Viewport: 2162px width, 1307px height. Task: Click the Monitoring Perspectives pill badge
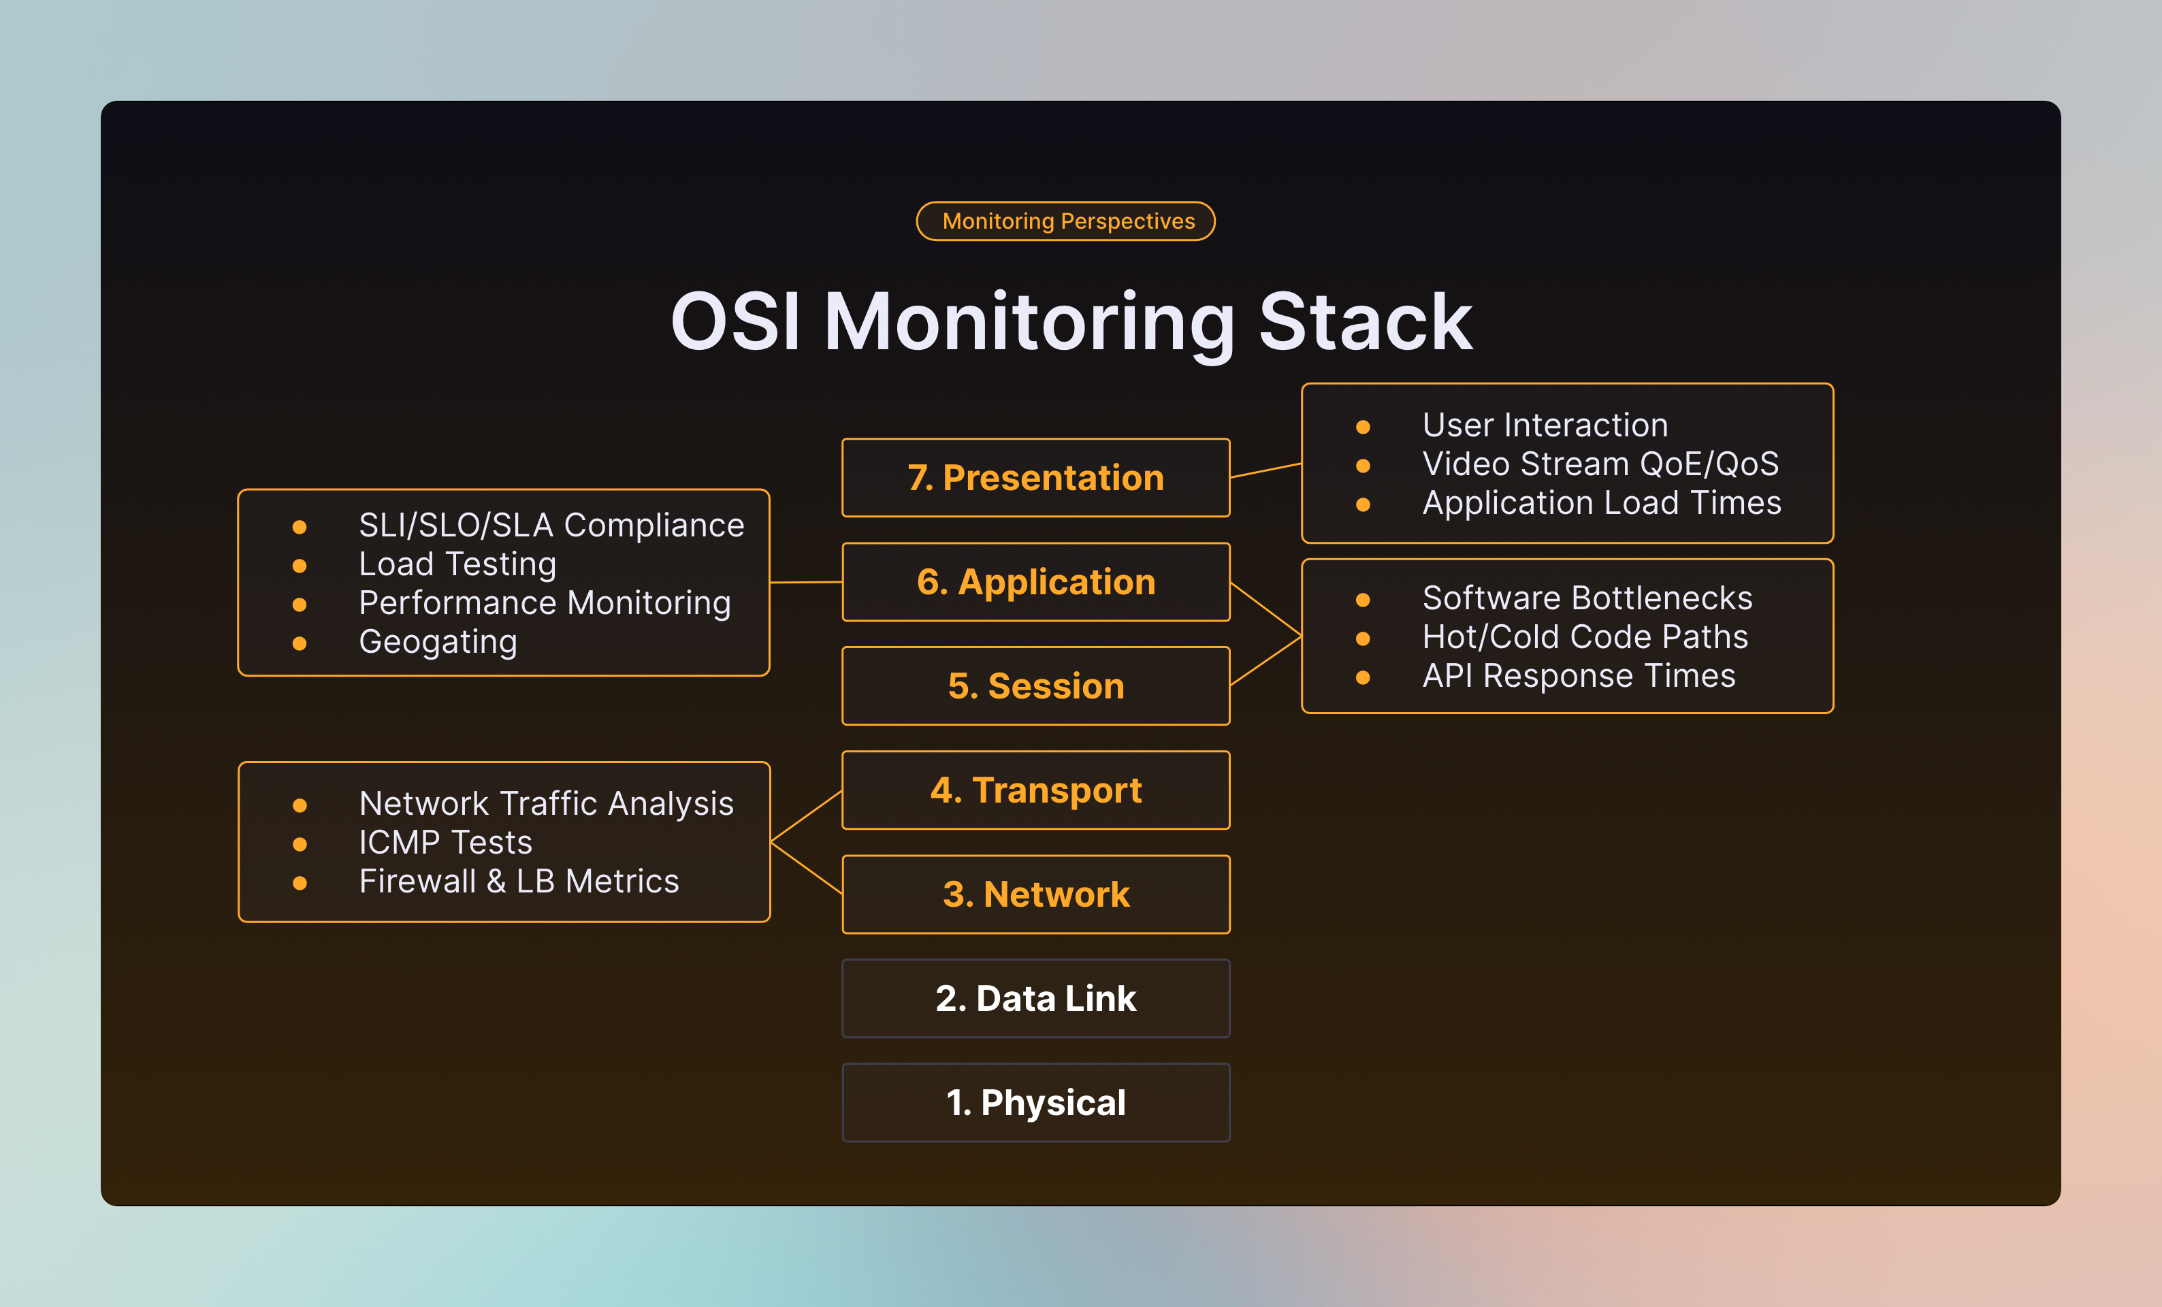tap(1065, 221)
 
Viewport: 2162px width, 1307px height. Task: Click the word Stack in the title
tap(1366, 323)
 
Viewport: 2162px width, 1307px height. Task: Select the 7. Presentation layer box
tap(1035, 478)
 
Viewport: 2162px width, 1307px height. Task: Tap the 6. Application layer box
tap(1035, 583)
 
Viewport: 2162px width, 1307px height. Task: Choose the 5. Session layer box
tap(1035, 686)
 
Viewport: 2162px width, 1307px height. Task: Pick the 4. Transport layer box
tap(1035, 790)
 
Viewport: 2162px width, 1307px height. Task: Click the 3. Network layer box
tap(1035, 894)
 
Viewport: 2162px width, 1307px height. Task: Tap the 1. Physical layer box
tap(1035, 1103)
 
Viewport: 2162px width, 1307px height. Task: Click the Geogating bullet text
tap(438, 642)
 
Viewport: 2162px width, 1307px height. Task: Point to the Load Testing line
tap(457, 564)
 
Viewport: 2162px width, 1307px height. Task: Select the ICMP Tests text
tap(445, 843)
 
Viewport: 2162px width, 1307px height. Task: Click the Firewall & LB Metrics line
tap(519, 882)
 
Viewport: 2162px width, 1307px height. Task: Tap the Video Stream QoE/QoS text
tap(1600, 464)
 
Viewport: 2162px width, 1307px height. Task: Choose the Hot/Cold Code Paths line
tap(1585, 637)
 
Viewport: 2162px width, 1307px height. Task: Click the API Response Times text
tap(1579, 677)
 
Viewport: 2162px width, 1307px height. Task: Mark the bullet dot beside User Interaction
tap(1363, 427)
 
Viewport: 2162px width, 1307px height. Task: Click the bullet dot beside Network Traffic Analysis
tap(300, 805)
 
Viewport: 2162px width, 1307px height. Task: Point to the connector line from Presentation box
tap(1265, 471)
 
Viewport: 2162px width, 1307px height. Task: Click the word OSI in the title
tap(735, 323)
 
